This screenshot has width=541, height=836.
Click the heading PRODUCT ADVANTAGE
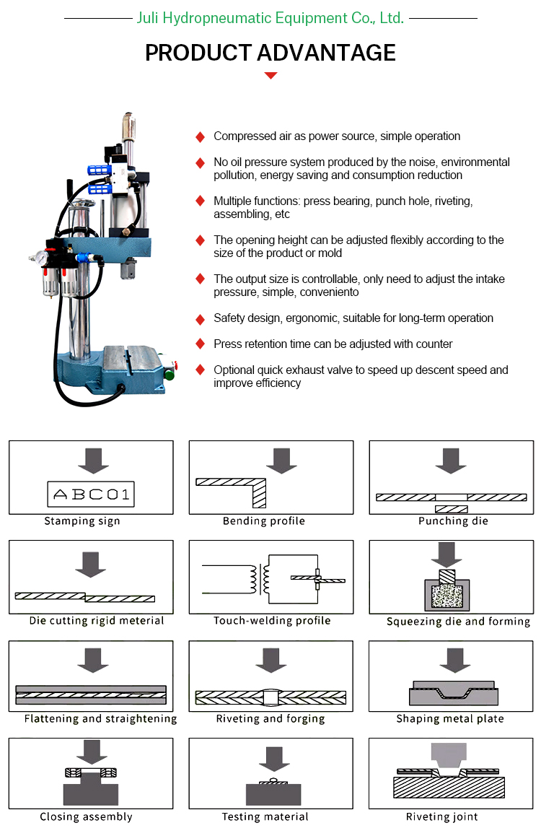[270, 53]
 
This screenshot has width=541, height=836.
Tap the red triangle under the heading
[270, 76]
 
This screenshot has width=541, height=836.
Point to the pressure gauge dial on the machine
[40, 258]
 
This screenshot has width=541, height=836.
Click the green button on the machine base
[170, 375]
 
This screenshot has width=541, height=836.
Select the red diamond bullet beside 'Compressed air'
[201, 137]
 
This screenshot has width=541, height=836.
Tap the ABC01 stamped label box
[91, 495]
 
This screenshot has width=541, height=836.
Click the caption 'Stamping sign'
[82, 521]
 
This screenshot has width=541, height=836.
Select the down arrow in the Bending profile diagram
[282, 461]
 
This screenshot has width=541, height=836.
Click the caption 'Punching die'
[453, 521]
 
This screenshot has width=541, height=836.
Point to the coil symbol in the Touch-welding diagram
[259, 580]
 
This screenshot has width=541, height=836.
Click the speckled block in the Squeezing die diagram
[447, 595]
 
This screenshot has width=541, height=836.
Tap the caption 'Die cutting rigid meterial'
[97, 621]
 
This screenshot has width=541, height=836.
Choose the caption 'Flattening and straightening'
[101, 719]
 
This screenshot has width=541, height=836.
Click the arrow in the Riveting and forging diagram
[271, 660]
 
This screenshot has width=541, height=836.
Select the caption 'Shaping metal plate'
[450, 719]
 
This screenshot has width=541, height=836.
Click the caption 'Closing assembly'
[87, 817]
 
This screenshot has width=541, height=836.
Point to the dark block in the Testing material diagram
[273, 794]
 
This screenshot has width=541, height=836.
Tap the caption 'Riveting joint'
[442, 817]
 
